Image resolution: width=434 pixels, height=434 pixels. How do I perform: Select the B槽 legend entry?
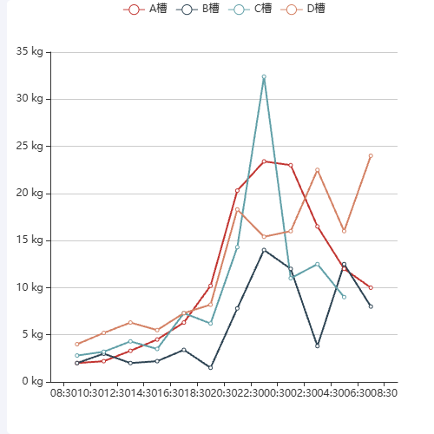pyautogui.click(x=197, y=9)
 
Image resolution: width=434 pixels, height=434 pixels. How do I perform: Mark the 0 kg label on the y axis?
pyautogui.click(x=32, y=381)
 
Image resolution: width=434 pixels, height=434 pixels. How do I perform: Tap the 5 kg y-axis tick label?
pyautogui.click(x=32, y=334)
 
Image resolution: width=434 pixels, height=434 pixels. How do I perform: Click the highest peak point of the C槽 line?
pyautogui.click(x=264, y=76)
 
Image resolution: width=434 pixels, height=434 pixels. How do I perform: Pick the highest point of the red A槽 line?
pyautogui.click(x=264, y=161)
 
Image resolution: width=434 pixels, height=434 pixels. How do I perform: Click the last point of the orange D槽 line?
pyautogui.click(x=371, y=156)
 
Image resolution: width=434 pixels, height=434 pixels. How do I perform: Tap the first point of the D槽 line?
pyautogui.click(x=77, y=344)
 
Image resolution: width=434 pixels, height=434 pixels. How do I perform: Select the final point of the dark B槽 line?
pyautogui.click(x=371, y=306)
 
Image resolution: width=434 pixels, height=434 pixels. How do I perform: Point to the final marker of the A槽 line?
pyautogui.click(x=371, y=287)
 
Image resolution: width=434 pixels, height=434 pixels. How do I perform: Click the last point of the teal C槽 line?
pyautogui.click(x=344, y=297)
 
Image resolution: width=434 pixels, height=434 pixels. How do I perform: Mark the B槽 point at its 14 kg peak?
pyautogui.click(x=264, y=250)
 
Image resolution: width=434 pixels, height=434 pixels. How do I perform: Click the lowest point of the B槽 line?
pyautogui.click(x=210, y=367)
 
